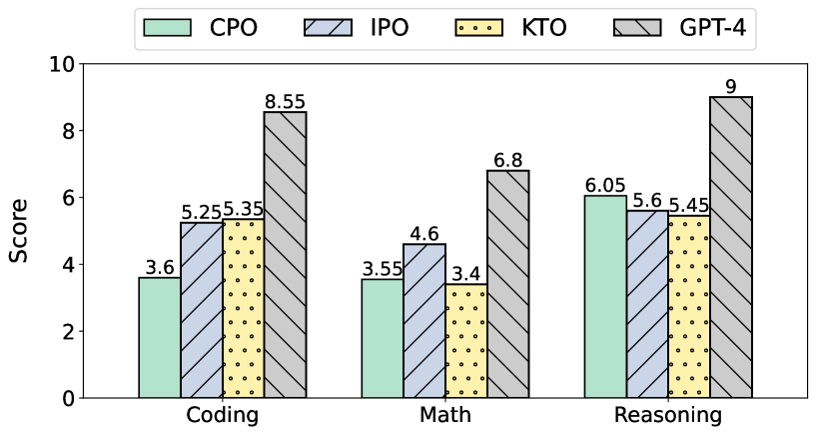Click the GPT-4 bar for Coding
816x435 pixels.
pyautogui.click(x=285, y=255)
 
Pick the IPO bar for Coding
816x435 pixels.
pyautogui.click(x=201, y=310)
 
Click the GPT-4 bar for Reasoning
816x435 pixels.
pyautogui.click(x=731, y=247)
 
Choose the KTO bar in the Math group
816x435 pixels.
pyautogui.click(x=466, y=341)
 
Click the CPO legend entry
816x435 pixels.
pyautogui.click(x=200, y=27)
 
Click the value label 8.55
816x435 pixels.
pyautogui.click(x=285, y=102)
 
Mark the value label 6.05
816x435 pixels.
pyautogui.click(x=605, y=186)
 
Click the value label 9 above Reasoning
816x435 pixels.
pyautogui.click(x=731, y=87)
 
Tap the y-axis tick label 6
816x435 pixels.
pyautogui.click(x=68, y=198)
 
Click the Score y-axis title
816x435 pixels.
pyautogui.click(x=19, y=231)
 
